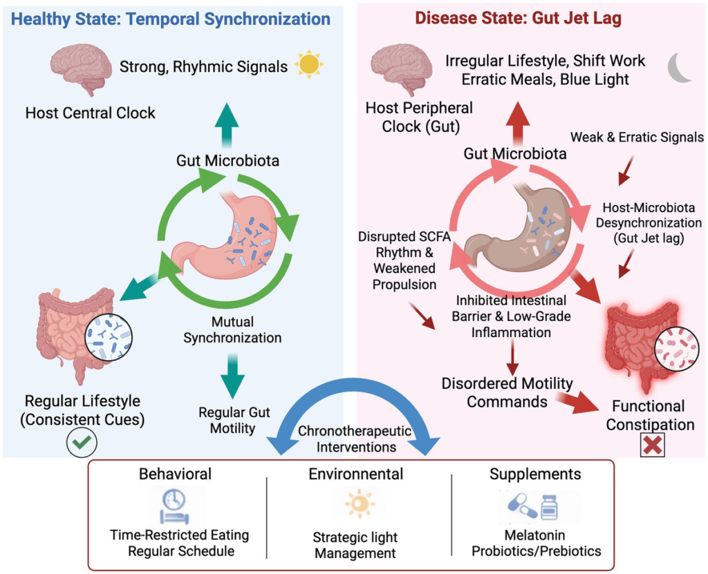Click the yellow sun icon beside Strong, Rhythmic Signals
[x=308, y=65]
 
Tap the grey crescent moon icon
[x=680, y=68]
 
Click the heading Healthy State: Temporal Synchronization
[x=171, y=19]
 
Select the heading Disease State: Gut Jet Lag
[x=518, y=19]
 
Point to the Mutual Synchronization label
[x=232, y=330]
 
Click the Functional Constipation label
[x=650, y=415]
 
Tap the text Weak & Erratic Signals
[x=637, y=137]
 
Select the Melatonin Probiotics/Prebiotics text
[x=536, y=543]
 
